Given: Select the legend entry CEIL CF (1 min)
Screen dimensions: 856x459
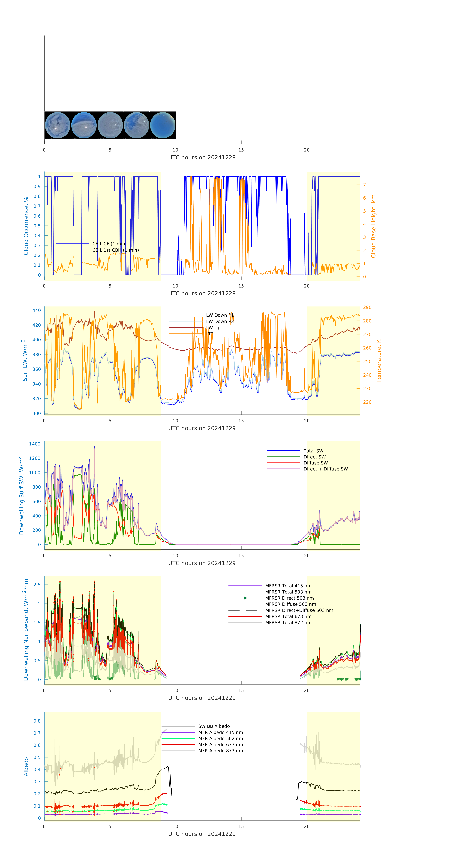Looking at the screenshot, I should [x=109, y=244].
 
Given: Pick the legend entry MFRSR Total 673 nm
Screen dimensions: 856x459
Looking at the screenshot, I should [x=288, y=616].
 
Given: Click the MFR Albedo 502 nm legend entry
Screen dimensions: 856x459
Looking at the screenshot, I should [x=220, y=738].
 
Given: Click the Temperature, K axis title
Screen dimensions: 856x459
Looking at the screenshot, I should [x=379, y=361].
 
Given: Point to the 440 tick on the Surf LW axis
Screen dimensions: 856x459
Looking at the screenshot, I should [x=36, y=310].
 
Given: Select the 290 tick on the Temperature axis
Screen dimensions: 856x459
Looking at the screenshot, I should [x=367, y=307].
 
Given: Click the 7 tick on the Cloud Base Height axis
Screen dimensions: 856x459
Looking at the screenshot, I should [x=364, y=185].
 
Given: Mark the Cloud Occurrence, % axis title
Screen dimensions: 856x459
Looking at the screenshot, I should [x=26, y=226].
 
